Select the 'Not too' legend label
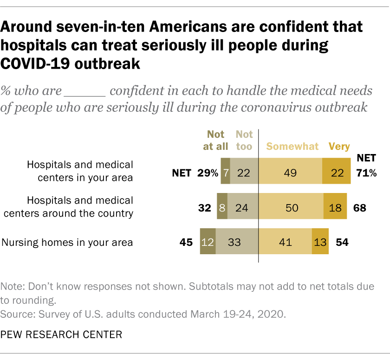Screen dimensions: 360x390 point(244,140)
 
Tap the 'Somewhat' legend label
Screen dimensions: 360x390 point(292,147)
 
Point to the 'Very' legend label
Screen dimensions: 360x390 point(339,147)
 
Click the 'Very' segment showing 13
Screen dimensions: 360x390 point(320,242)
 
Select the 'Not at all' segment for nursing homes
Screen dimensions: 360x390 point(208,242)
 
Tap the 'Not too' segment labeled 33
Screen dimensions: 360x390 point(237,242)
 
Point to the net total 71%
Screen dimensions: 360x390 point(366,173)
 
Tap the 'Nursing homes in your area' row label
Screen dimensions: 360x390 point(67,242)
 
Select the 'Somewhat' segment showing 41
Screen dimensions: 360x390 point(285,242)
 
